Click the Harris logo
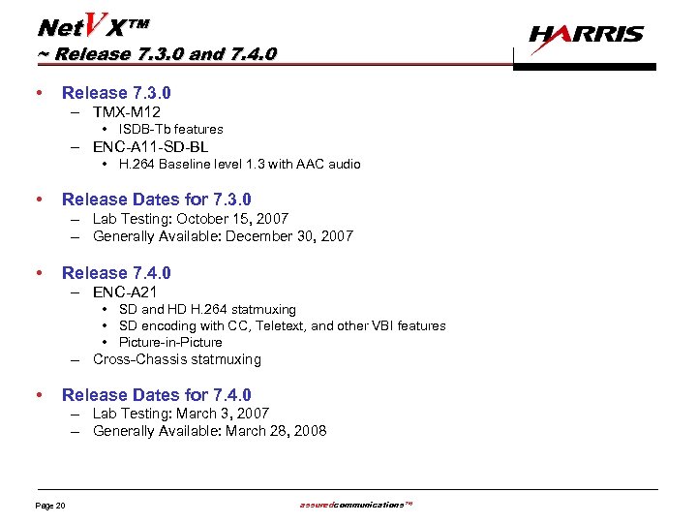(586, 35)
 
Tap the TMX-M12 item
(127, 112)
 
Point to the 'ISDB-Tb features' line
(170, 129)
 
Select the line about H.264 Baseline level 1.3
(239, 165)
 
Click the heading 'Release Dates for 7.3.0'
(156, 200)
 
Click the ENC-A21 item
(125, 292)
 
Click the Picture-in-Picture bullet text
(170, 342)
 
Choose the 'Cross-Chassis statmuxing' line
(177, 359)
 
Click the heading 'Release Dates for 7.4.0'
(156, 395)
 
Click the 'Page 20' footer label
(50, 507)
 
